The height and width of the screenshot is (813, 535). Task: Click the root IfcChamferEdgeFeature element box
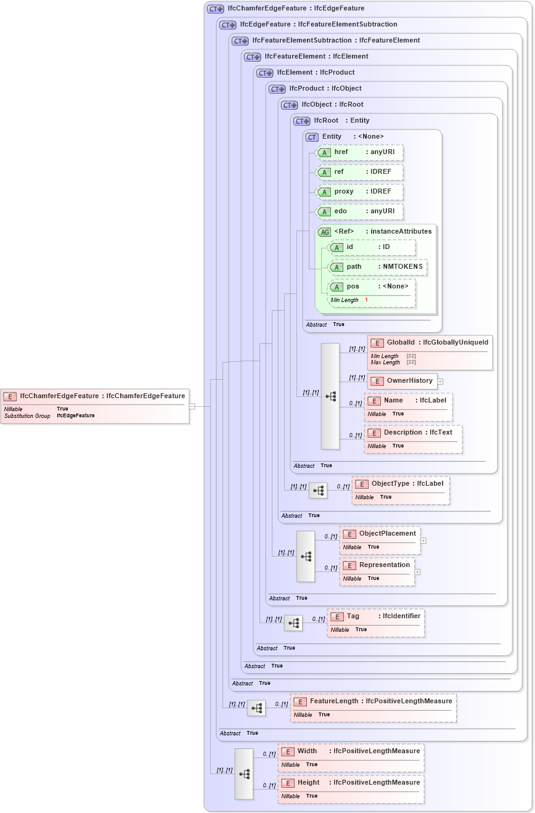[x=95, y=396]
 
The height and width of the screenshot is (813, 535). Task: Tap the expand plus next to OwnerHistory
[x=441, y=382]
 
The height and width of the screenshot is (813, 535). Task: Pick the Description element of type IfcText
[x=413, y=433]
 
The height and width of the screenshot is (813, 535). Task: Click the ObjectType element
[x=401, y=484]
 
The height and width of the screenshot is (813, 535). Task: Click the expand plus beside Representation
[x=418, y=572]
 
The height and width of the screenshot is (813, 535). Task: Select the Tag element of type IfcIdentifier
[x=376, y=616]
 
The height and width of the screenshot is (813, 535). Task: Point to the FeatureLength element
[x=374, y=701]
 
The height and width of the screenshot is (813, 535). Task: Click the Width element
[x=351, y=751]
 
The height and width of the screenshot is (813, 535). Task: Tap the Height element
[x=351, y=783]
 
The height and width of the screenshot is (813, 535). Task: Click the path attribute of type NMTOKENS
[x=378, y=267]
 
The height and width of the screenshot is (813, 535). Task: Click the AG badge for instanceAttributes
[x=324, y=232]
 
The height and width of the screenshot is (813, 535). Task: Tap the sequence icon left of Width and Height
[x=244, y=774]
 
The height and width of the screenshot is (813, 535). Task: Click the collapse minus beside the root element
[x=192, y=406]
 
